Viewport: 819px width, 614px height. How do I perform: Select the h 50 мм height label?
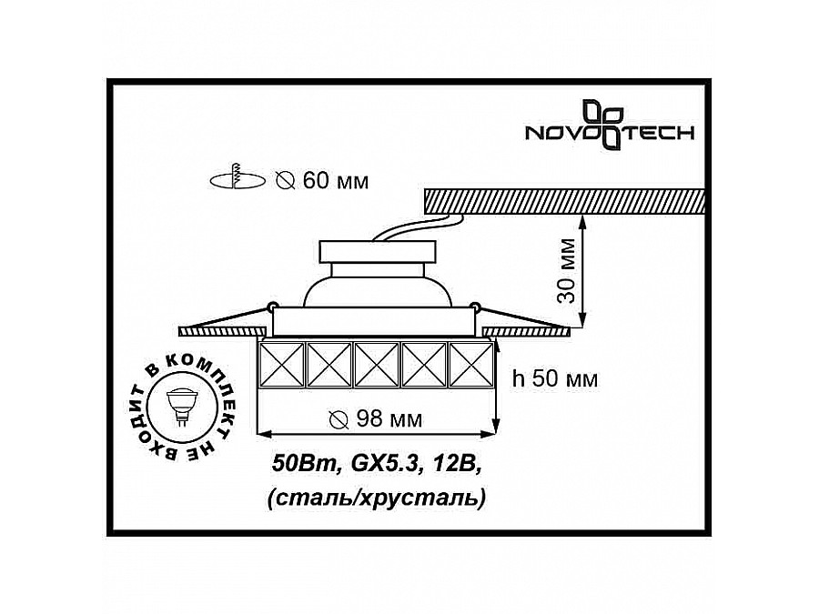554,379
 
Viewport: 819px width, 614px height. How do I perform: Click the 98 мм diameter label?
376,420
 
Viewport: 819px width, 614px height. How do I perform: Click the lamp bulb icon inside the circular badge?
180,406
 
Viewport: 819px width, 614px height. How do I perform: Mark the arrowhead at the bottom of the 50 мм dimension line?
497,425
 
